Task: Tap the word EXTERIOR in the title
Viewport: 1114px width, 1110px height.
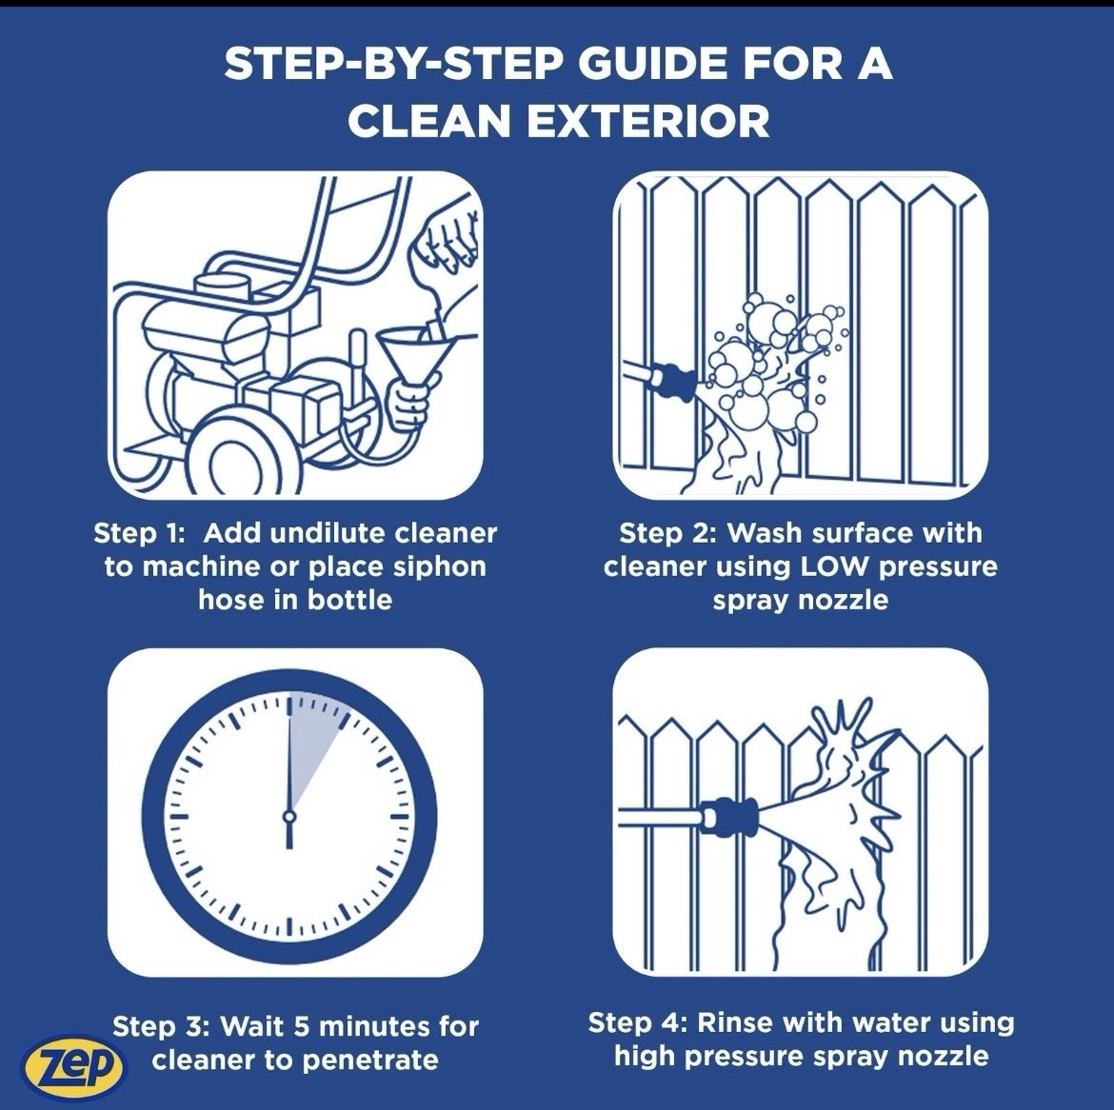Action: coord(648,121)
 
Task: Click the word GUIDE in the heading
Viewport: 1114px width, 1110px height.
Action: coord(652,64)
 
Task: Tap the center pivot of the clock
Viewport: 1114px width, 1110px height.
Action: coord(288,817)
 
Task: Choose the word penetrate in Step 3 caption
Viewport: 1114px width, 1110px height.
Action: coord(371,1061)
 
